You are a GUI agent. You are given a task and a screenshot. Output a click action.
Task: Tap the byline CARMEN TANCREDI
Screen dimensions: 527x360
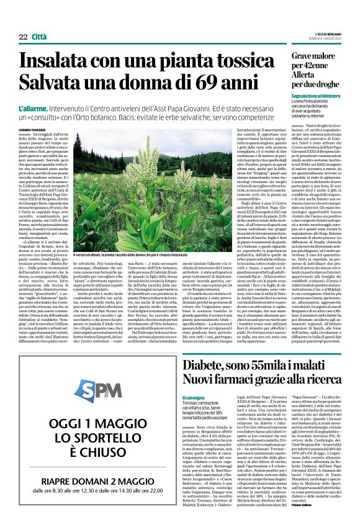pos(34,129)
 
